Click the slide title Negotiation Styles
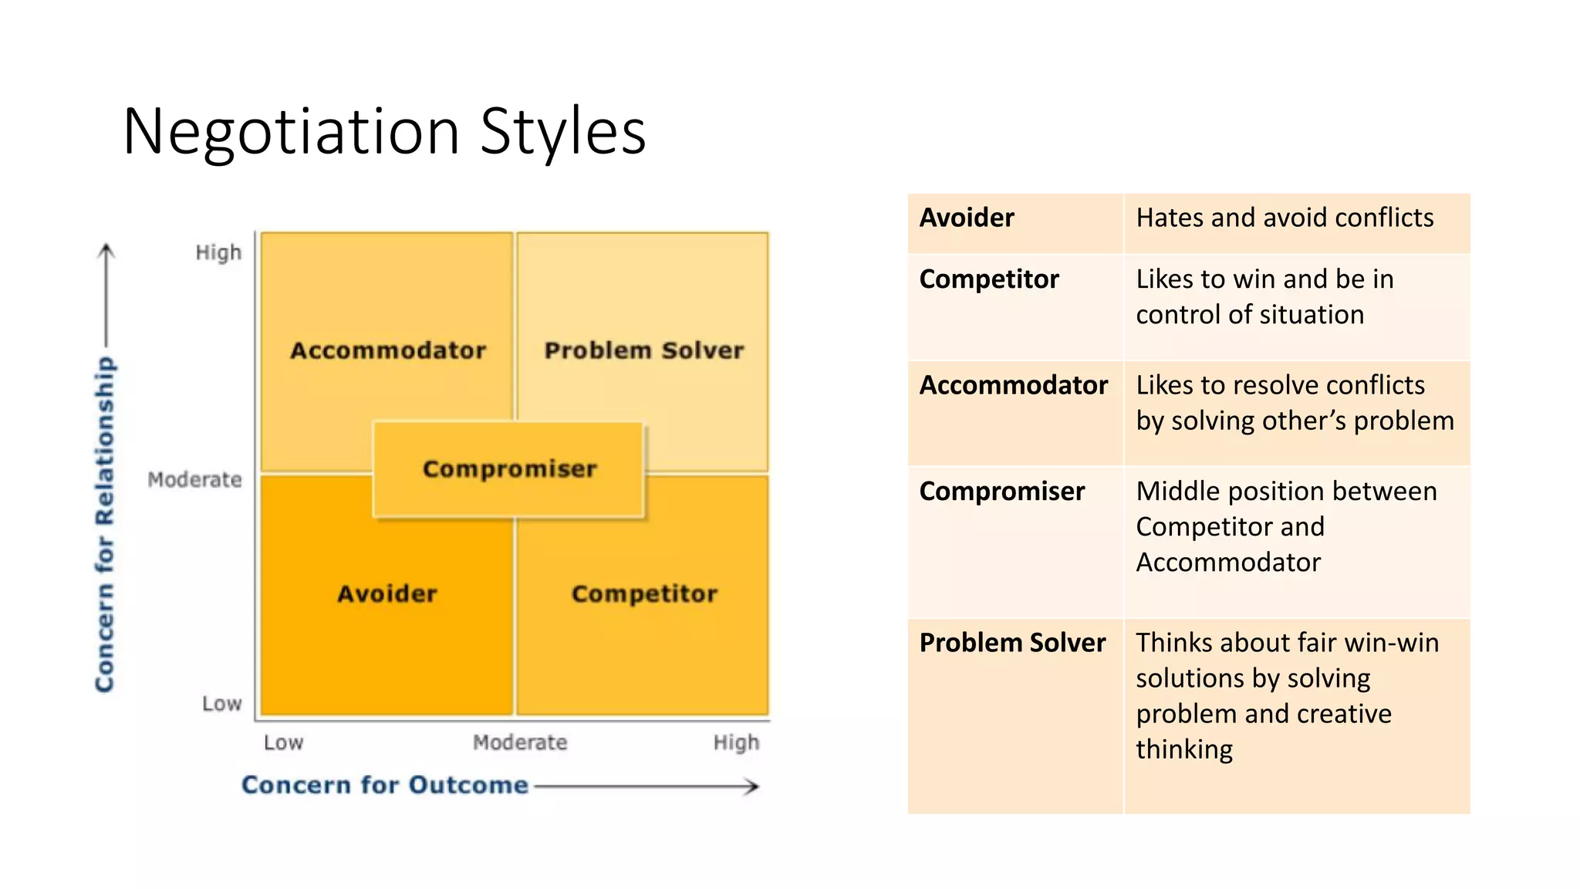tap(383, 132)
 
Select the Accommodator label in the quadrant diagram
tap(388, 350)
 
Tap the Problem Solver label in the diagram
tap(644, 350)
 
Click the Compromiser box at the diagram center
tap(509, 469)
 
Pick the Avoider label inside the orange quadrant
tap(387, 593)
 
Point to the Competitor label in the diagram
tap(644, 593)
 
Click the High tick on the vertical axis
tap(218, 252)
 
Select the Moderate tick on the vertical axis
tap(194, 480)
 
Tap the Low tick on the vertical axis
tap(221, 704)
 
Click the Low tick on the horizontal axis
tap(283, 742)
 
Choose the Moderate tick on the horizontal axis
tap(520, 742)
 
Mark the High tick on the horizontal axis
tap(736, 742)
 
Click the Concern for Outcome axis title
tap(385, 785)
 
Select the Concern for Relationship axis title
tap(105, 525)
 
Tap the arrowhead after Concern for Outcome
tap(751, 786)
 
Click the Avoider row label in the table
tap(967, 218)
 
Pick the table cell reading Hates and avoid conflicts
tap(1285, 218)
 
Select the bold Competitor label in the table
tap(989, 279)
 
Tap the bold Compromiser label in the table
tap(1002, 491)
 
